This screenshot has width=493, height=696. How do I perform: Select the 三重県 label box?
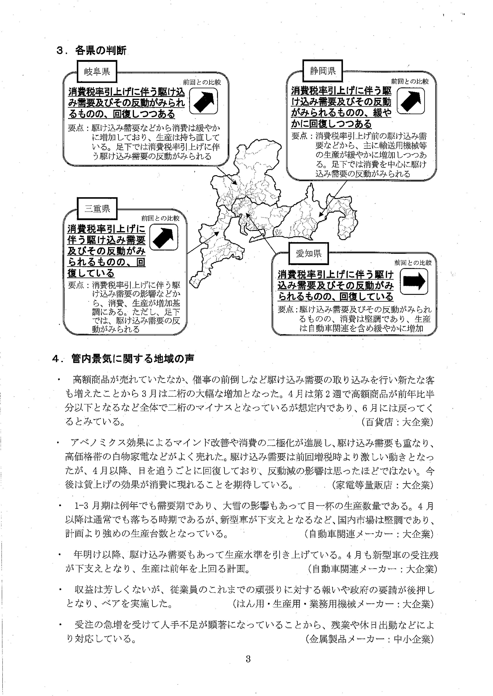point(97,209)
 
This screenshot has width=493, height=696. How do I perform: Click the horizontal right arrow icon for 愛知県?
point(414,281)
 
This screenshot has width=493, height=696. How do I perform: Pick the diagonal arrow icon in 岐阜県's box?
point(203,101)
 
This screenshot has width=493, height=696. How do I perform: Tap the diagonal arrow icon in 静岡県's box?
point(411,101)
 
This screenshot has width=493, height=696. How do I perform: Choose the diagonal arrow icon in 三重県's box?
point(164,237)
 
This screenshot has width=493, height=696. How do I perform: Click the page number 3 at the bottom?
point(248,659)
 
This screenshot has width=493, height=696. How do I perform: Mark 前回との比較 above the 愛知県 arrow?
point(413,262)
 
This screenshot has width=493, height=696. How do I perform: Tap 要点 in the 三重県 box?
point(76,285)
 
